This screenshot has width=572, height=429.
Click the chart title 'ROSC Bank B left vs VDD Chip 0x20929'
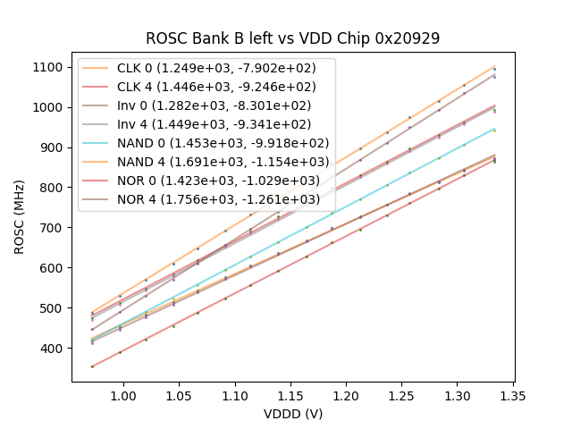(x=292, y=39)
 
